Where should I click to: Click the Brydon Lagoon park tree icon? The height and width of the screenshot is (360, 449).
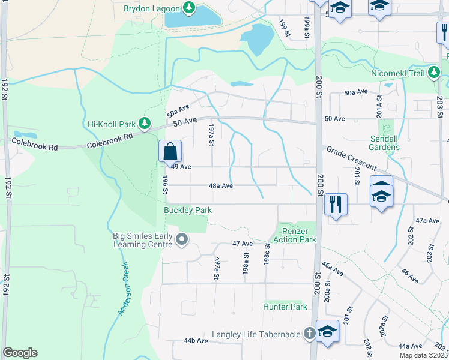coord(190,8)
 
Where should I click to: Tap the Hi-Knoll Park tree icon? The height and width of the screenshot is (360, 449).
coord(145,124)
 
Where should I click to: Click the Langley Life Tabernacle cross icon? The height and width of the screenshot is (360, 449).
coord(309,334)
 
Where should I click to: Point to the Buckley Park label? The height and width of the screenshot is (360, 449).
coord(188,211)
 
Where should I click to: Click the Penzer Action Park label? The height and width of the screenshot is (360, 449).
coord(294,235)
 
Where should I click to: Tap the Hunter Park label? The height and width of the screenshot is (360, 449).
coord(285,307)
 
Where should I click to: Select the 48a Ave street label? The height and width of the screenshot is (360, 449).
coord(220,186)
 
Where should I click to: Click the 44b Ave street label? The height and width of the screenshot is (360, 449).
coord(196,340)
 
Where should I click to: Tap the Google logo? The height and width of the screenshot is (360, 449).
coord(20,353)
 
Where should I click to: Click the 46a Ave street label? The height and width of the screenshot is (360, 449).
coord(331,268)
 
